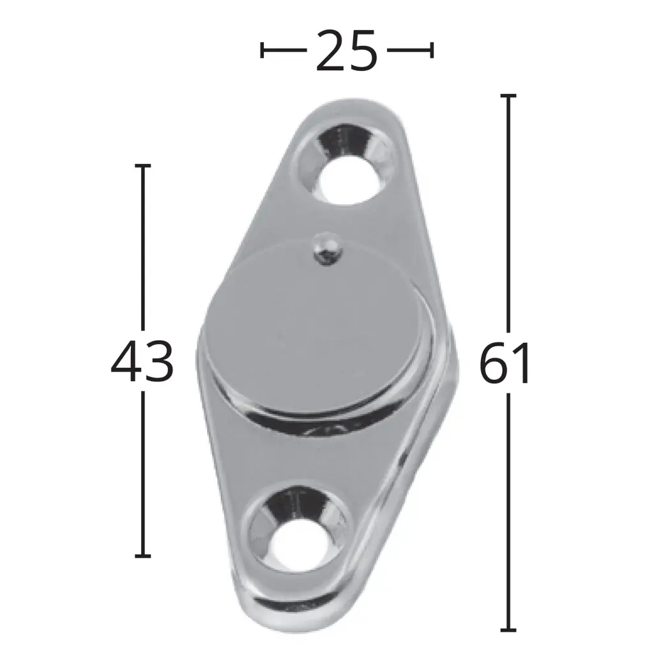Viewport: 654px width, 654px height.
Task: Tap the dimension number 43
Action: tap(142, 362)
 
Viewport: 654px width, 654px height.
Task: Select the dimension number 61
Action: tap(505, 364)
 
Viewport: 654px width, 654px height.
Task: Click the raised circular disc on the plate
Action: tap(318, 326)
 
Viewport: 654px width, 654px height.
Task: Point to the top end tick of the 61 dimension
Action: tap(508, 95)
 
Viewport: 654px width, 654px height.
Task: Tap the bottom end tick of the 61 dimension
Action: tap(508, 630)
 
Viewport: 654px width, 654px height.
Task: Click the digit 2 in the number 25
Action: tap(331, 50)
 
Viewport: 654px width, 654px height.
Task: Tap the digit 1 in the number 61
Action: tap(521, 364)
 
